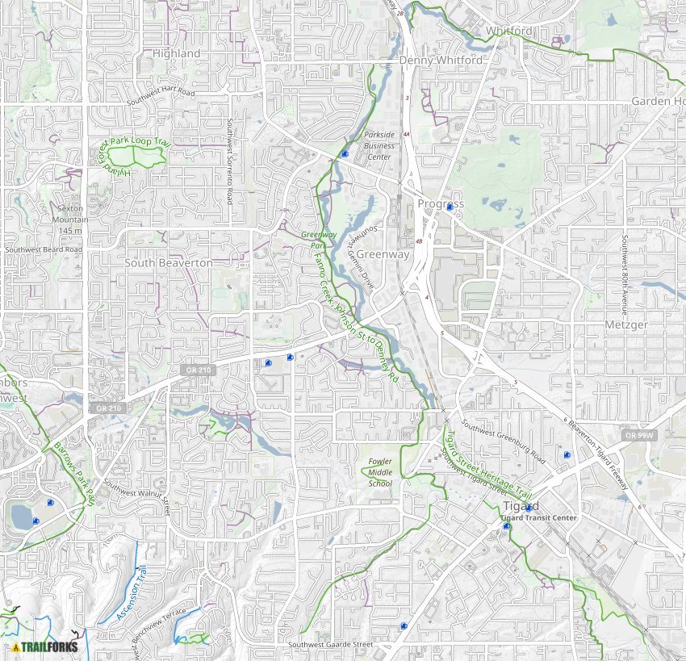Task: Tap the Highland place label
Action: click(x=176, y=53)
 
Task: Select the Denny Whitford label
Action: click(x=441, y=61)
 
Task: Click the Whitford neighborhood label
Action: click(x=508, y=31)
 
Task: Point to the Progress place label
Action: click(x=440, y=203)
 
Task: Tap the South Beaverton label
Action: click(x=169, y=263)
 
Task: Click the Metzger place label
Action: click(x=626, y=324)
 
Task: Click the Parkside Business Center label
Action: click(x=379, y=146)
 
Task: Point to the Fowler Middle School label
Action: click(x=379, y=472)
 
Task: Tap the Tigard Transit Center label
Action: click(x=538, y=517)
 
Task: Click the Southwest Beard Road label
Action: click(x=44, y=250)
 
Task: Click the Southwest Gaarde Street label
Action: click(x=331, y=645)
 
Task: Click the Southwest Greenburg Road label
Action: click(x=503, y=441)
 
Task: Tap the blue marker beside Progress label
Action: click(x=450, y=207)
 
